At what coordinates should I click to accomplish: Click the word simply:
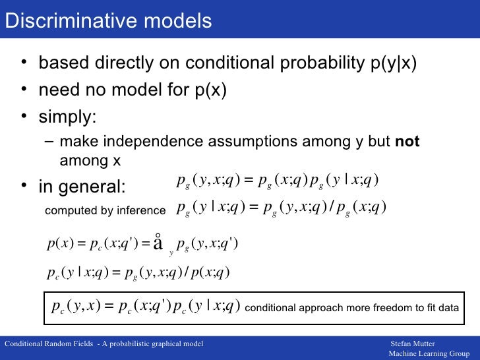pyautogui.click(x=68, y=117)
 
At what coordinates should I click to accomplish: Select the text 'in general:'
pyautogui.click(x=81, y=187)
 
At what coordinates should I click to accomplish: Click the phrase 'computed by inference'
pyautogui.click(x=105, y=210)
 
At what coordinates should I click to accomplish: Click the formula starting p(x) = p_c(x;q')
pyautogui.click(x=142, y=244)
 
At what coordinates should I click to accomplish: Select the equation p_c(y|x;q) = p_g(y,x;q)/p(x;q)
pyautogui.click(x=138, y=272)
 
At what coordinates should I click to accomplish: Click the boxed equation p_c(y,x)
pyautogui.click(x=146, y=307)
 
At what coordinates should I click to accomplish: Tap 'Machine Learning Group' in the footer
pyautogui.click(x=429, y=354)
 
